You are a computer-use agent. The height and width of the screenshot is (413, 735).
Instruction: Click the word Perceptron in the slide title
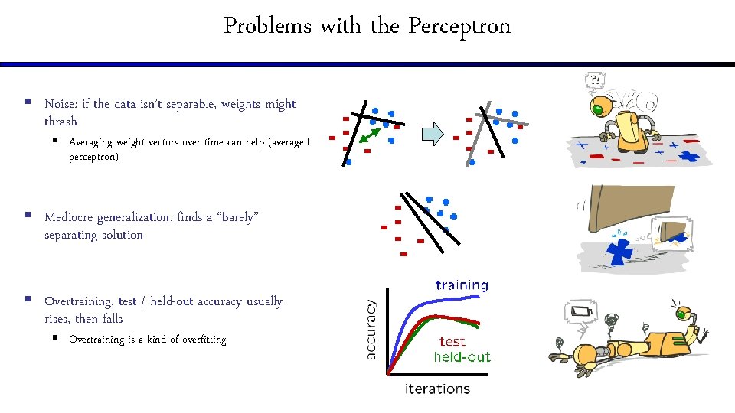click(x=459, y=27)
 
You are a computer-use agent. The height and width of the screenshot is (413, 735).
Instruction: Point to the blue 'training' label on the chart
click(x=462, y=285)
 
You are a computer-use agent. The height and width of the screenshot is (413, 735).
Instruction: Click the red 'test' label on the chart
click(x=452, y=342)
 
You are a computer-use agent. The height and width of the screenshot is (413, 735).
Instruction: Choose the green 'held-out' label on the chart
click(x=462, y=356)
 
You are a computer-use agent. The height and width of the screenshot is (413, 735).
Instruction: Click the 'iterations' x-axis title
click(x=437, y=389)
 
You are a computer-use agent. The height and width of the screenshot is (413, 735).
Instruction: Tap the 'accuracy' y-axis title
click(x=372, y=330)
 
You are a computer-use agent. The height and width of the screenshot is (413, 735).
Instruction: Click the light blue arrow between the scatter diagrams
click(x=433, y=135)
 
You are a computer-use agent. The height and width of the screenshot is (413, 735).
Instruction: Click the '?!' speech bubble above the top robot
click(x=593, y=80)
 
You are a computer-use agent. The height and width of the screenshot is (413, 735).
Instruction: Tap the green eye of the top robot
click(x=597, y=110)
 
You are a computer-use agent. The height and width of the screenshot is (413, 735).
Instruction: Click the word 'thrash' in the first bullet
click(x=60, y=122)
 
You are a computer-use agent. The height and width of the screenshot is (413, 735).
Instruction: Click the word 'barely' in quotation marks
click(x=238, y=217)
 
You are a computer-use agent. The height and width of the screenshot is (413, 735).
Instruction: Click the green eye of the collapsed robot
click(x=682, y=314)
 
